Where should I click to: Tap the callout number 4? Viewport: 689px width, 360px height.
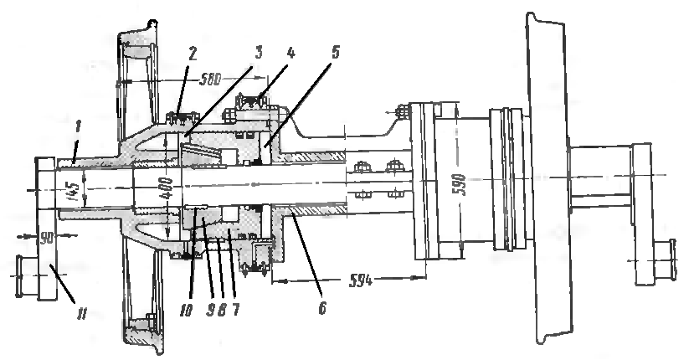tap(290, 53)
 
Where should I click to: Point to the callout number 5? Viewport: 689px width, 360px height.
tap(334, 53)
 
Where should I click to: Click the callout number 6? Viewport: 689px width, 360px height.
tap(323, 308)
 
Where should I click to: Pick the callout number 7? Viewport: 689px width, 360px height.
tap(236, 310)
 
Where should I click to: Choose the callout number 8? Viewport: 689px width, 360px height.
tap(222, 310)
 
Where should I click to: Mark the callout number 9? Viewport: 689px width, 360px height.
tap(210, 310)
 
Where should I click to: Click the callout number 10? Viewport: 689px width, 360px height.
tap(187, 311)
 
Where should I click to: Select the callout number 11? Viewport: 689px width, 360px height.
tap(80, 314)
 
